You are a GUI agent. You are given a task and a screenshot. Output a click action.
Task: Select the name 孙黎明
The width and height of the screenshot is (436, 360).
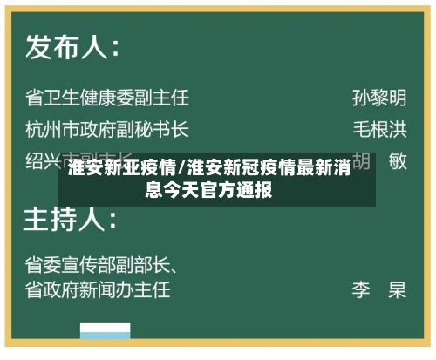[379, 97]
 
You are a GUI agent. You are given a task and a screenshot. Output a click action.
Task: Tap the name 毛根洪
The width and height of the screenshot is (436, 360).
[379, 129]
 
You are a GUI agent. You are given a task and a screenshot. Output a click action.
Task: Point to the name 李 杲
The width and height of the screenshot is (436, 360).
[379, 289]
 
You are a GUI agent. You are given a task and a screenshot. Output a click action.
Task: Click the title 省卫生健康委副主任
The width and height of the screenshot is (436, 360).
[107, 97]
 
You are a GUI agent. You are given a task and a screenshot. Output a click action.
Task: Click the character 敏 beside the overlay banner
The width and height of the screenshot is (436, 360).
[398, 161]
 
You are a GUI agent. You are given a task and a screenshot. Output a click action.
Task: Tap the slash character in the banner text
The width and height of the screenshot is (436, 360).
[181, 168]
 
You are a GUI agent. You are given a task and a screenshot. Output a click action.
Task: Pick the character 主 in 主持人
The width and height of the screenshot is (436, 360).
[40, 217]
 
